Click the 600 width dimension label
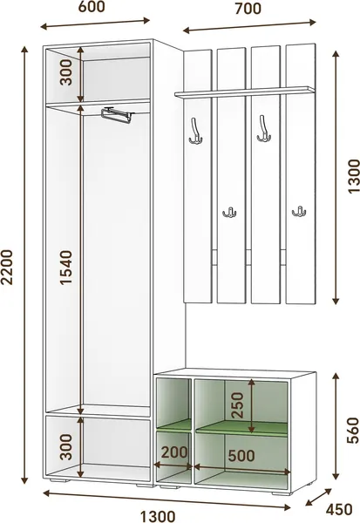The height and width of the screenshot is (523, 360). [92, 7]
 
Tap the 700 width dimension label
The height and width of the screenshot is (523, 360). [248, 9]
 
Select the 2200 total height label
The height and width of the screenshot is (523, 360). [7, 267]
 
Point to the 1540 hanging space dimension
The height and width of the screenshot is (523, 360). [66, 268]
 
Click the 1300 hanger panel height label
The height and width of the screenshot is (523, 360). [354, 176]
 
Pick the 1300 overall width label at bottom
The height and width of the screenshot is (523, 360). [158, 517]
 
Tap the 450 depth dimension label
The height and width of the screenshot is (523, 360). [339, 509]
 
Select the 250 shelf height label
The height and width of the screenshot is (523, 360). [238, 405]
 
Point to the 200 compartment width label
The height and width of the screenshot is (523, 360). [174, 452]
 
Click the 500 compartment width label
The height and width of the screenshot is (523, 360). [241, 456]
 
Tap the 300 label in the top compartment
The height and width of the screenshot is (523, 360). [66, 72]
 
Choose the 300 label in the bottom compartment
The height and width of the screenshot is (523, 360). [67, 447]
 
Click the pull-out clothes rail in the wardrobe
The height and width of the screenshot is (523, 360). [117, 114]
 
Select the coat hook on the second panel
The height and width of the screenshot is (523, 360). [229, 212]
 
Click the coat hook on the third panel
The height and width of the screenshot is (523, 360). [263, 129]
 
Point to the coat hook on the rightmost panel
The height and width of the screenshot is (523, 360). [299, 211]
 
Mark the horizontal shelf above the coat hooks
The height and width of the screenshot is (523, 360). [244, 92]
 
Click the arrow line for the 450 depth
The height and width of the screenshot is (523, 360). [319, 498]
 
